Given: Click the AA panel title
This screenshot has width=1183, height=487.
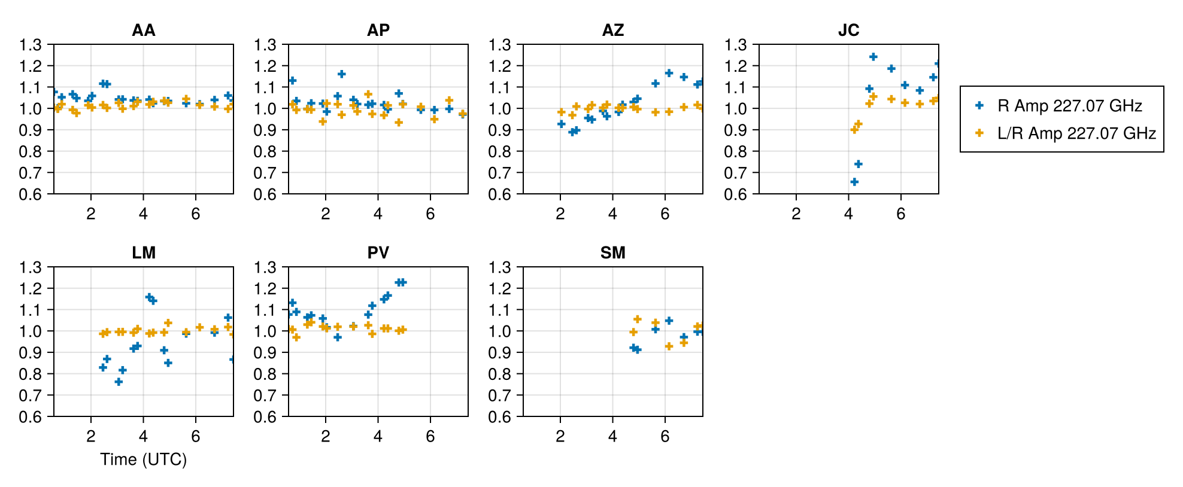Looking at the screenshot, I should click(x=143, y=30).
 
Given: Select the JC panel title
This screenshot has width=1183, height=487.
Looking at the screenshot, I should click(x=848, y=30).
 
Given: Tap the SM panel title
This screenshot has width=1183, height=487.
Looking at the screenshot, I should click(x=612, y=252).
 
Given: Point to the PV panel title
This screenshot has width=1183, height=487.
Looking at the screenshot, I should click(x=378, y=252).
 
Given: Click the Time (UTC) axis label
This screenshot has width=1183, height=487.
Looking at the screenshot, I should click(x=143, y=459).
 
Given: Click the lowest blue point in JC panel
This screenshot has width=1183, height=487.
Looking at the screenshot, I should click(x=854, y=181).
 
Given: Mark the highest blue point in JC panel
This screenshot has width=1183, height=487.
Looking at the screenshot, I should click(x=873, y=57).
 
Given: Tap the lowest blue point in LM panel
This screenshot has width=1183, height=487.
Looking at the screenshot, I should click(x=119, y=382).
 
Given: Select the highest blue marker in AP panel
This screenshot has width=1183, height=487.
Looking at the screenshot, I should click(x=341, y=74).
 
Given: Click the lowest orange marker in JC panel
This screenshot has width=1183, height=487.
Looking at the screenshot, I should click(x=854, y=129).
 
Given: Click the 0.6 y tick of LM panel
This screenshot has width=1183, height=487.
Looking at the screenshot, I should click(x=31, y=416).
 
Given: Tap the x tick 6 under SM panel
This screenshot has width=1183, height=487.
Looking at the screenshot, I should click(x=665, y=436).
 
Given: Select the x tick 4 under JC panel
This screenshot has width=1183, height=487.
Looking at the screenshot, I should click(x=848, y=214).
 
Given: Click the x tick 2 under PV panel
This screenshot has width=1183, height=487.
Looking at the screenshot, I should click(x=325, y=436).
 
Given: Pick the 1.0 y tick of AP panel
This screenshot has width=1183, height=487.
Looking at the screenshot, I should click(x=266, y=109).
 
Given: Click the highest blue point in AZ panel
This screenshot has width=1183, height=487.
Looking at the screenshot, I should click(x=669, y=73).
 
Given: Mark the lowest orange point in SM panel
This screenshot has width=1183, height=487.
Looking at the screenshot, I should click(x=669, y=346).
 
